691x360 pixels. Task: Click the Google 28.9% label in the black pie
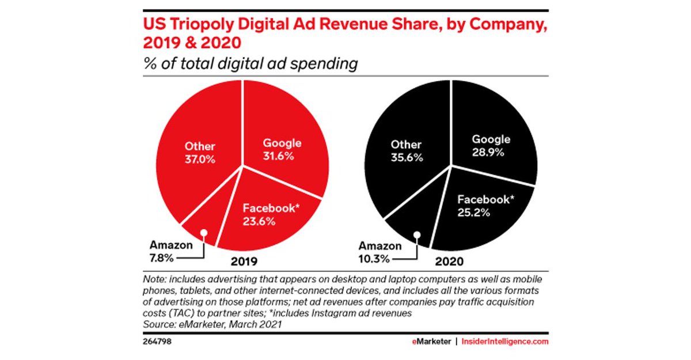coord(491,147)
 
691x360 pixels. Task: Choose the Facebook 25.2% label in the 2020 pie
coord(484,206)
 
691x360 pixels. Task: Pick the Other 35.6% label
coord(406,151)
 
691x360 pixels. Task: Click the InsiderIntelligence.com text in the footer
coord(504,342)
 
